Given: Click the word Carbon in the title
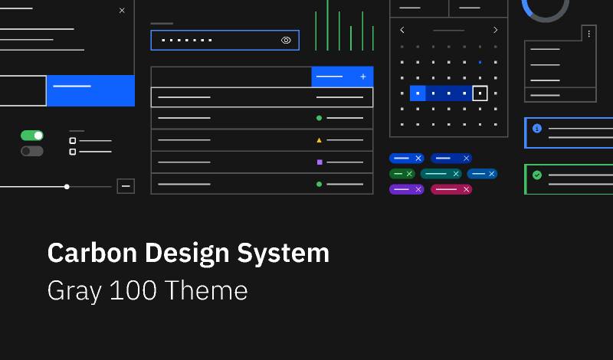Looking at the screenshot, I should click(90, 253).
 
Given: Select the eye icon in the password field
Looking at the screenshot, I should click(286, 40).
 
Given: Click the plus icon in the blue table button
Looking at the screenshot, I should click(363, 77).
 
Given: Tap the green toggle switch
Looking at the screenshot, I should click(32, 136).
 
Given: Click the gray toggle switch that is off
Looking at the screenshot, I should click(32, 151).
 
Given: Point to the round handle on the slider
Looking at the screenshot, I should click(67, 186).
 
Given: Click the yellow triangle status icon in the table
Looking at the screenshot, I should click(319, 140).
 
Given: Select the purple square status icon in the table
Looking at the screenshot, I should click(319, 162).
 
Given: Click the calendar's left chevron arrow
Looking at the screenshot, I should click(402, 30).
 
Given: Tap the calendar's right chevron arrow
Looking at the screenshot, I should click(495, 30).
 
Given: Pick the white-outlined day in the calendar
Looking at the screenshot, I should click(480, 93).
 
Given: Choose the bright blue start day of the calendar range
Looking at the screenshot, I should click(418, 93).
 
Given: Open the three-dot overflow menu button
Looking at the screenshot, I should click(588, 33).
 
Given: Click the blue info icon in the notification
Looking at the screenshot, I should click(537, 128).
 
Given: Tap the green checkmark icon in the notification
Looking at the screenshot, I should click(537, 175).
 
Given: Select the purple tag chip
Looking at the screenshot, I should click(406, 189).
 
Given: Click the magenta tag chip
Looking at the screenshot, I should click(451, 189).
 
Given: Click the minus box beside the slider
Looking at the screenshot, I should click(126, 186).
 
